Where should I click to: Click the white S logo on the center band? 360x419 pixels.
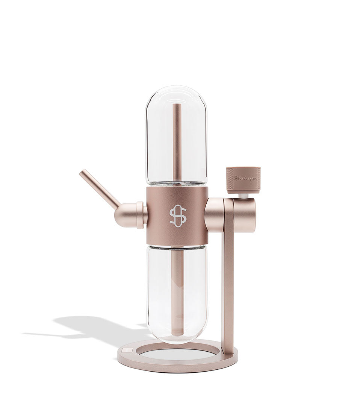point(178,216)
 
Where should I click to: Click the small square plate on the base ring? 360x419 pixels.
point(128,351)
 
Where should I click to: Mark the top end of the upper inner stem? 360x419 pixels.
point(177,105)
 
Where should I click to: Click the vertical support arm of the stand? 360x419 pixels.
point(227,286)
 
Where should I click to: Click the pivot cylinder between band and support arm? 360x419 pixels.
point(214,215)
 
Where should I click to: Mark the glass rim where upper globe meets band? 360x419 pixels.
point(176,184)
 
